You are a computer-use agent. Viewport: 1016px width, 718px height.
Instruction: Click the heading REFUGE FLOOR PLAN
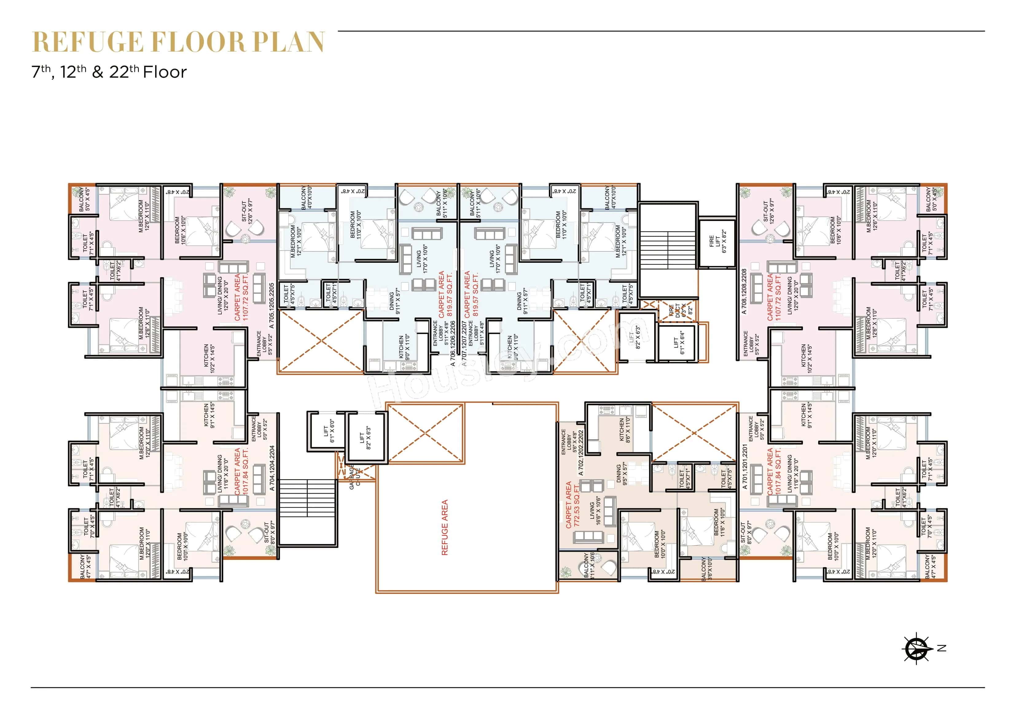179,42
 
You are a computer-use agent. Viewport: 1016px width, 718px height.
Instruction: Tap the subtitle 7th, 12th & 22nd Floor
109,72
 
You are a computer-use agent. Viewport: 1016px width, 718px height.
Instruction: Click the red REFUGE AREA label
445,527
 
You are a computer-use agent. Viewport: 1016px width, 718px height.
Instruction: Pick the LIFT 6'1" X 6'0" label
329,431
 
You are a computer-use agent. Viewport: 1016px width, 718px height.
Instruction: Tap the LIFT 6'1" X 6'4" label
679,343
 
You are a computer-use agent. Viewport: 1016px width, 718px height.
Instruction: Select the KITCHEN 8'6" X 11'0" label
624,429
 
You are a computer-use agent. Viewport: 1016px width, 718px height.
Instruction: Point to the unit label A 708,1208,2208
744,292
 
